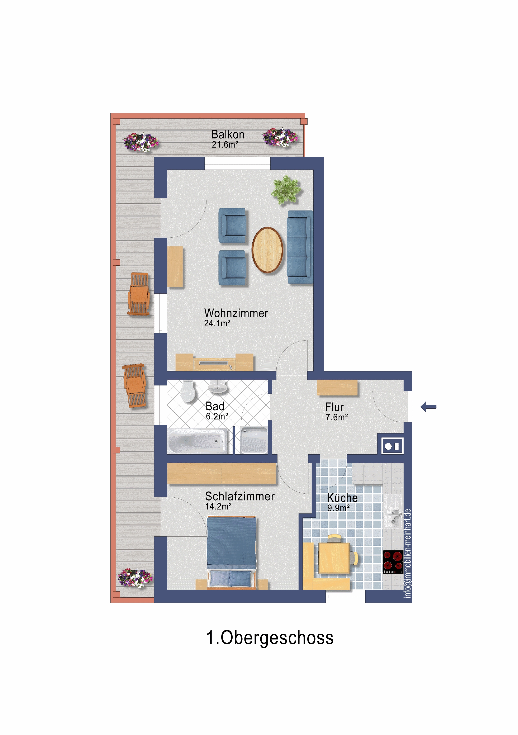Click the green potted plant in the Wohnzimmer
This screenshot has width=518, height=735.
click(x=286, y=190)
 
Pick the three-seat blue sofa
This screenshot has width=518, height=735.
click(x=300, y=247)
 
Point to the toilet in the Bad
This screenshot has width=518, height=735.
click(x=188, y=391)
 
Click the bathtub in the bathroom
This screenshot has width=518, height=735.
click(x=196, y=441)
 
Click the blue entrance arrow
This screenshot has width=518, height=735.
click(x=428, y=407)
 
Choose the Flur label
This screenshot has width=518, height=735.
click(x=334, y=407)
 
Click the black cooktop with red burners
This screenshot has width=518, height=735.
click(x=393, y=562)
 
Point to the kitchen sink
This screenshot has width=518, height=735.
click(x=393, y=512)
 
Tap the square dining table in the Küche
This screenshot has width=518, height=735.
click(x=334, y=558)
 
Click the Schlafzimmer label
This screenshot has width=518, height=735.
click(x=240, y=497)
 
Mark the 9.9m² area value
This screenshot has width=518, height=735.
click(x=338, y=508)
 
